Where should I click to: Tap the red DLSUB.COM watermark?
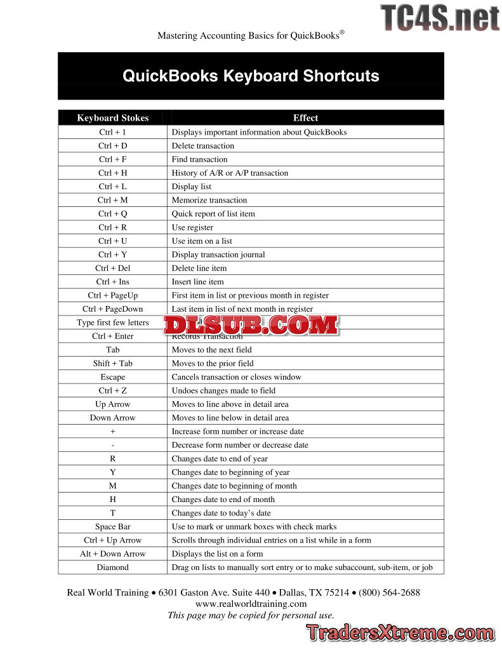point(251,324)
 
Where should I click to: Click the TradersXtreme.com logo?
point(400,633)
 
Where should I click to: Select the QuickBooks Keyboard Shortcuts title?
point(251,76)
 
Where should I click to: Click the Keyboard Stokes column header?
point(113,117)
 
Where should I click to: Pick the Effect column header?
point(305,117)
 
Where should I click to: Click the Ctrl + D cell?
point(113,146)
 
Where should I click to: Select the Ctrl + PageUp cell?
point(113,295)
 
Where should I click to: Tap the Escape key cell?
point(113,377)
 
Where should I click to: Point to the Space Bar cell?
point(113,526)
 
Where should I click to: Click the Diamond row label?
point(113,567)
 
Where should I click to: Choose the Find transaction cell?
point(199,159)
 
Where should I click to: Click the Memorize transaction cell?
point(209,200)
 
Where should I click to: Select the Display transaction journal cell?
point(218,255)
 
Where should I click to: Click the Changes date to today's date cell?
point(221,513)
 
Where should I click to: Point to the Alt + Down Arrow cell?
point(113,554)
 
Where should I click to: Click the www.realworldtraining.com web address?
point(251,604)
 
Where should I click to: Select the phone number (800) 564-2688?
point(389,592)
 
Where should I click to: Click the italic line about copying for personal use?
point(251,615)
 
